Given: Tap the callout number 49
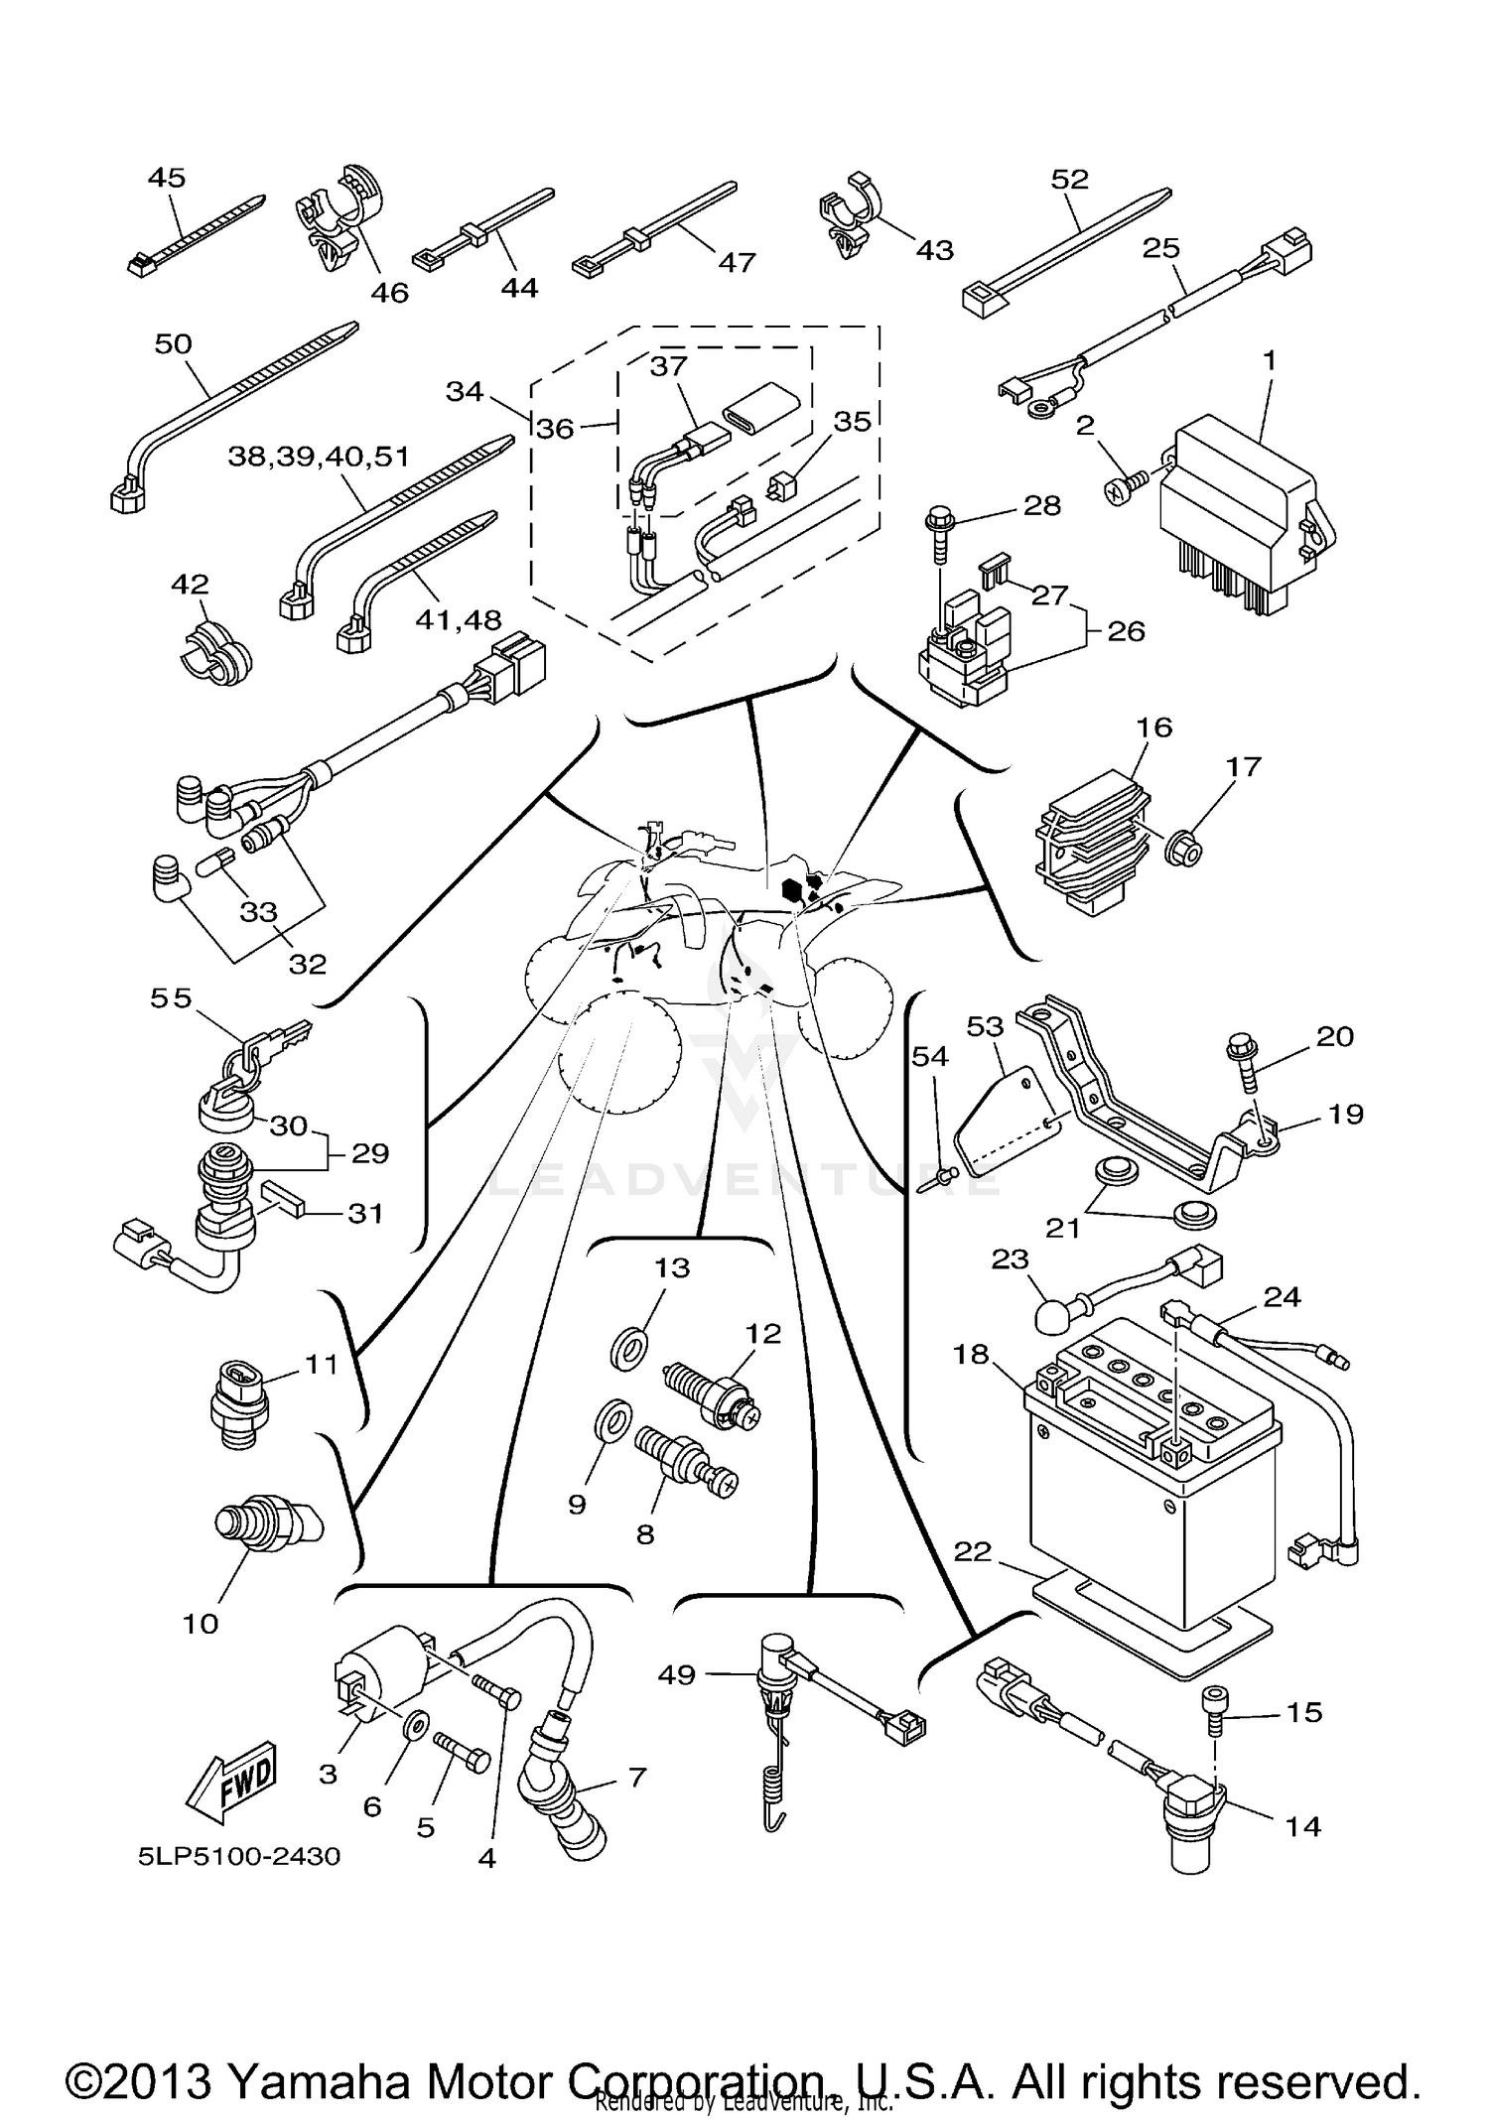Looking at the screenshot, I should coord(676,1675).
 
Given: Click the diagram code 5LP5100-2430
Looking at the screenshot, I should coord(239,1856).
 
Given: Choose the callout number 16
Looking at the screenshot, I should coord(1154,728).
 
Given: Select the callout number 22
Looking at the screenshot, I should coord(972,1551).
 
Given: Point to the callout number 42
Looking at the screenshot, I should coord(190,584).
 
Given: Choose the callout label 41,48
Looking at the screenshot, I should coord(459,620).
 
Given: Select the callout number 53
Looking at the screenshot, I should coord(985,1026).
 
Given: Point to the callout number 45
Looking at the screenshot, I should coord(166,178).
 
